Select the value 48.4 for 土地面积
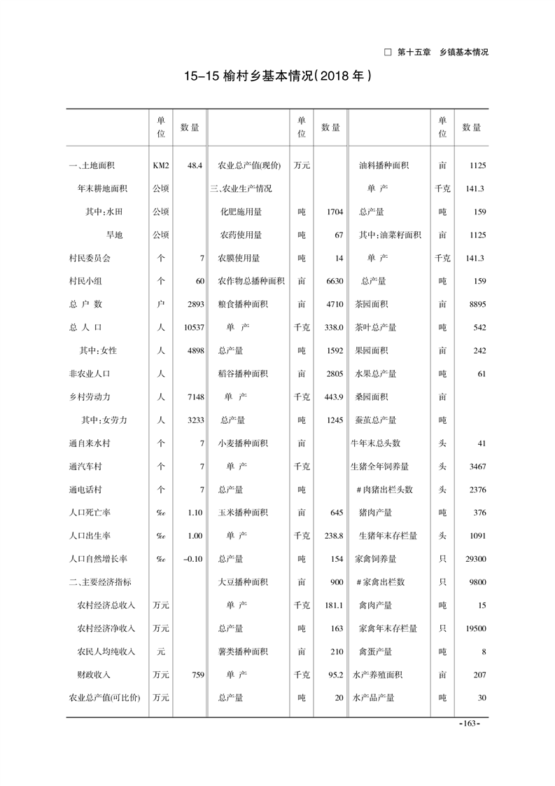[195, 166]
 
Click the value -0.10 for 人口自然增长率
[191, 559]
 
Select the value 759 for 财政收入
[195, 675]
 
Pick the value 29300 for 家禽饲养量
[472, 559]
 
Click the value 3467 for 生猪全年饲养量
[475, 466]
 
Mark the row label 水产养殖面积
[378, 675]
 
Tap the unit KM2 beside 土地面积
[160, 166]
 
